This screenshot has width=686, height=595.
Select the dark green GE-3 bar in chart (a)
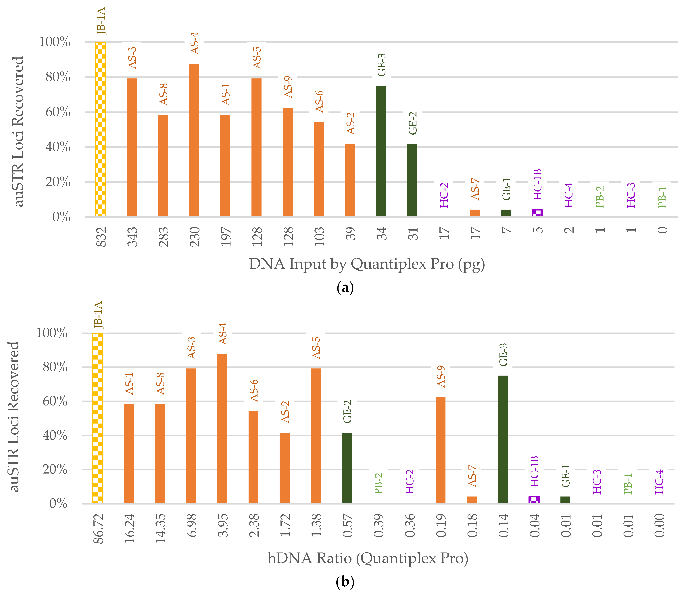pos(381,151)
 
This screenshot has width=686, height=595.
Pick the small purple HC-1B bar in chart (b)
pos(534,500)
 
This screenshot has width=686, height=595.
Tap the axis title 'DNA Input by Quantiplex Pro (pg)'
pos(367,264)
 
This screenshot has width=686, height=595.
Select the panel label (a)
pos(345,287)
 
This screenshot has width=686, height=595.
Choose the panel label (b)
pos(345,582)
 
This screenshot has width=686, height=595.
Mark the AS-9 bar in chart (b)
pos(440,450)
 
